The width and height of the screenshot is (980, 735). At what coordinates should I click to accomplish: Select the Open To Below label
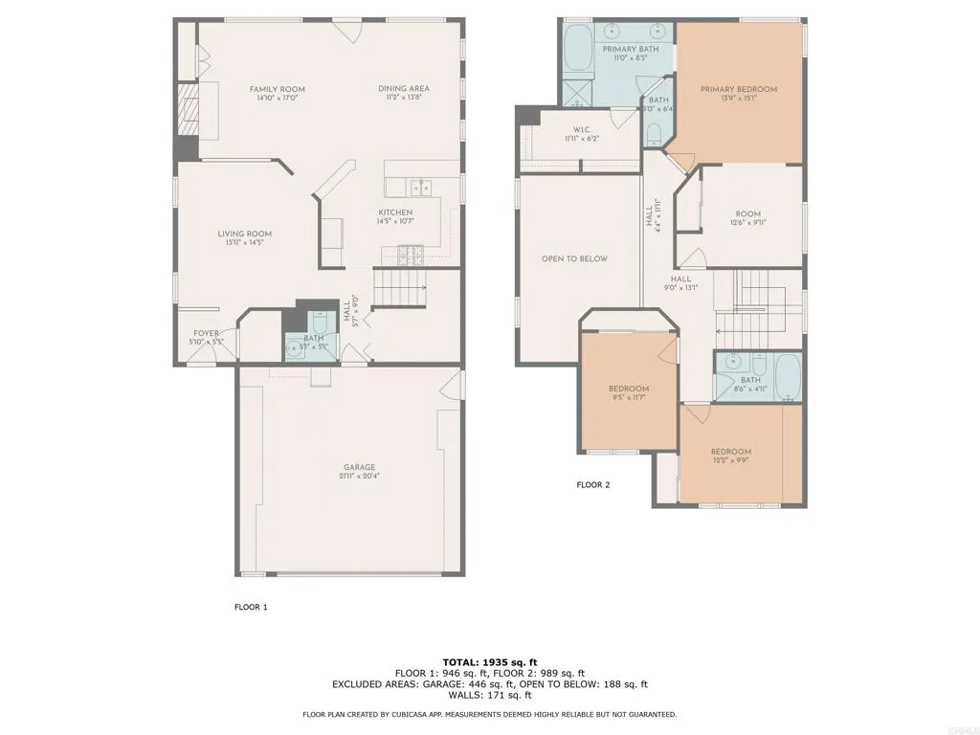tap(574, 258)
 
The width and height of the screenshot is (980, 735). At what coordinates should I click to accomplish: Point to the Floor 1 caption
tap(252, 607)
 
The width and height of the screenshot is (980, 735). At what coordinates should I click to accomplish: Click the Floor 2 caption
tap(592, 485)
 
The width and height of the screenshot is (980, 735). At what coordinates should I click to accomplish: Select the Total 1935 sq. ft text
tap(490, 662)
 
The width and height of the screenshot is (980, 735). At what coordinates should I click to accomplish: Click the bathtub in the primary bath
tap(578, 48)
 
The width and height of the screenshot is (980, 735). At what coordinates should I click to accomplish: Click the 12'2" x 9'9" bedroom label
tap(730, 457)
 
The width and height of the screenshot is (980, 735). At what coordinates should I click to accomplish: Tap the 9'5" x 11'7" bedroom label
tap(629, 393)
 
